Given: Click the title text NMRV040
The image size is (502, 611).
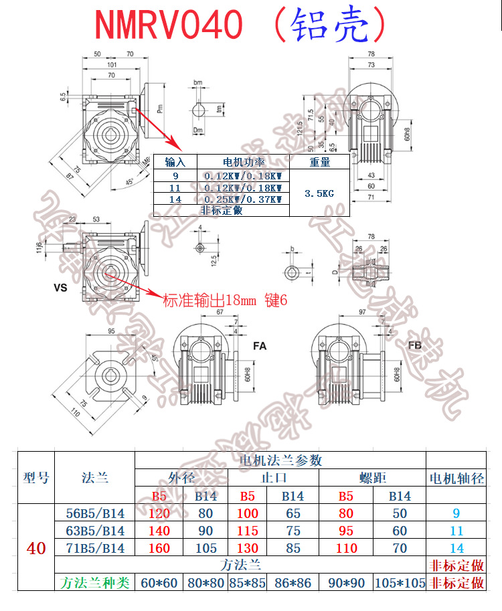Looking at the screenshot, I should click(x=168, y=25).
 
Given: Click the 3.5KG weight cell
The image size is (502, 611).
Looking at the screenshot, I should click(x=319, y=193).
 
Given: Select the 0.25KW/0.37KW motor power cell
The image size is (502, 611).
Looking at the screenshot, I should click(x=243, y=199).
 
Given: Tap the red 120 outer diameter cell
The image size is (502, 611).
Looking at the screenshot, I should click(x=159, y=513).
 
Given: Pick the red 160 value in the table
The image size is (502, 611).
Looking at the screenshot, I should click(x=159, y=548).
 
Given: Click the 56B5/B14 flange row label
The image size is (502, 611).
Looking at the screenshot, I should click(x=94, y=513).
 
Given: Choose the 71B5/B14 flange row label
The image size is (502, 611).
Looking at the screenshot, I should click(x=94, y=548).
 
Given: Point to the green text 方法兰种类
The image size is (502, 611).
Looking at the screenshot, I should click(x=94, y=583).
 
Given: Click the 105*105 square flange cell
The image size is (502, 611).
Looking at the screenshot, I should click(x=400, y=583).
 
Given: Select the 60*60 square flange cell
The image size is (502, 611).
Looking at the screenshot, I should click(x=159, y=583).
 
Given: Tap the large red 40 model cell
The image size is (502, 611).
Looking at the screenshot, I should click(x=36, y=548).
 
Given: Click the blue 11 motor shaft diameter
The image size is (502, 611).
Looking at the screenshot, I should click(x=456, y=531).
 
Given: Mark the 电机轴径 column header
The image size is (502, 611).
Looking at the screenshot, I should click(x=456, y=478).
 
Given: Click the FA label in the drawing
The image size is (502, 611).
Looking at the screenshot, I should click(x=260, y=346).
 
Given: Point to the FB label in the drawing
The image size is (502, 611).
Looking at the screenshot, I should click(x=415, y=345).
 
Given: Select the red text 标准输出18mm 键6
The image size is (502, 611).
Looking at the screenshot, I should click(x=225, y=300).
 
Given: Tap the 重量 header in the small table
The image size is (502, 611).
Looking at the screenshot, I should click(x=319, y=162).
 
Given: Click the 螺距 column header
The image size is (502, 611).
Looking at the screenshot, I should click(x=373, y=478).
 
